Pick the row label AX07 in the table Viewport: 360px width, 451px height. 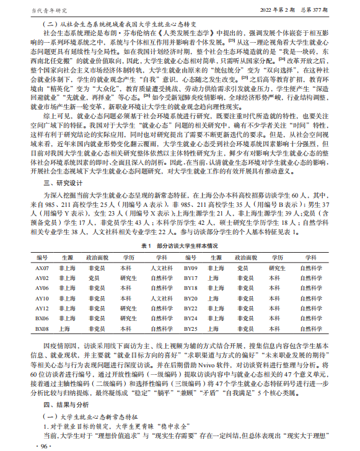pos(42,268)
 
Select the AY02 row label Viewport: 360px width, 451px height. pos(42,278)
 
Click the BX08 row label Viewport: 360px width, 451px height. pos(42,328)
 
